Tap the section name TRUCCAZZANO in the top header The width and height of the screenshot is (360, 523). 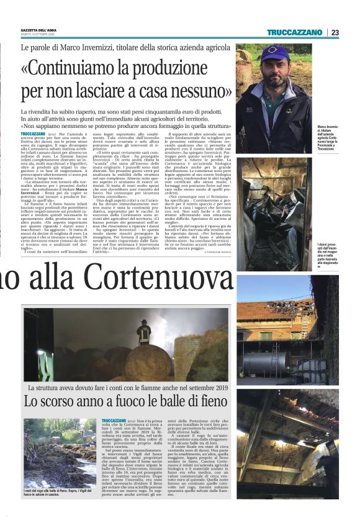(x=294, y=32)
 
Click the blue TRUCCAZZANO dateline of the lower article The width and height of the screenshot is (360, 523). (x=114, y=421)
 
